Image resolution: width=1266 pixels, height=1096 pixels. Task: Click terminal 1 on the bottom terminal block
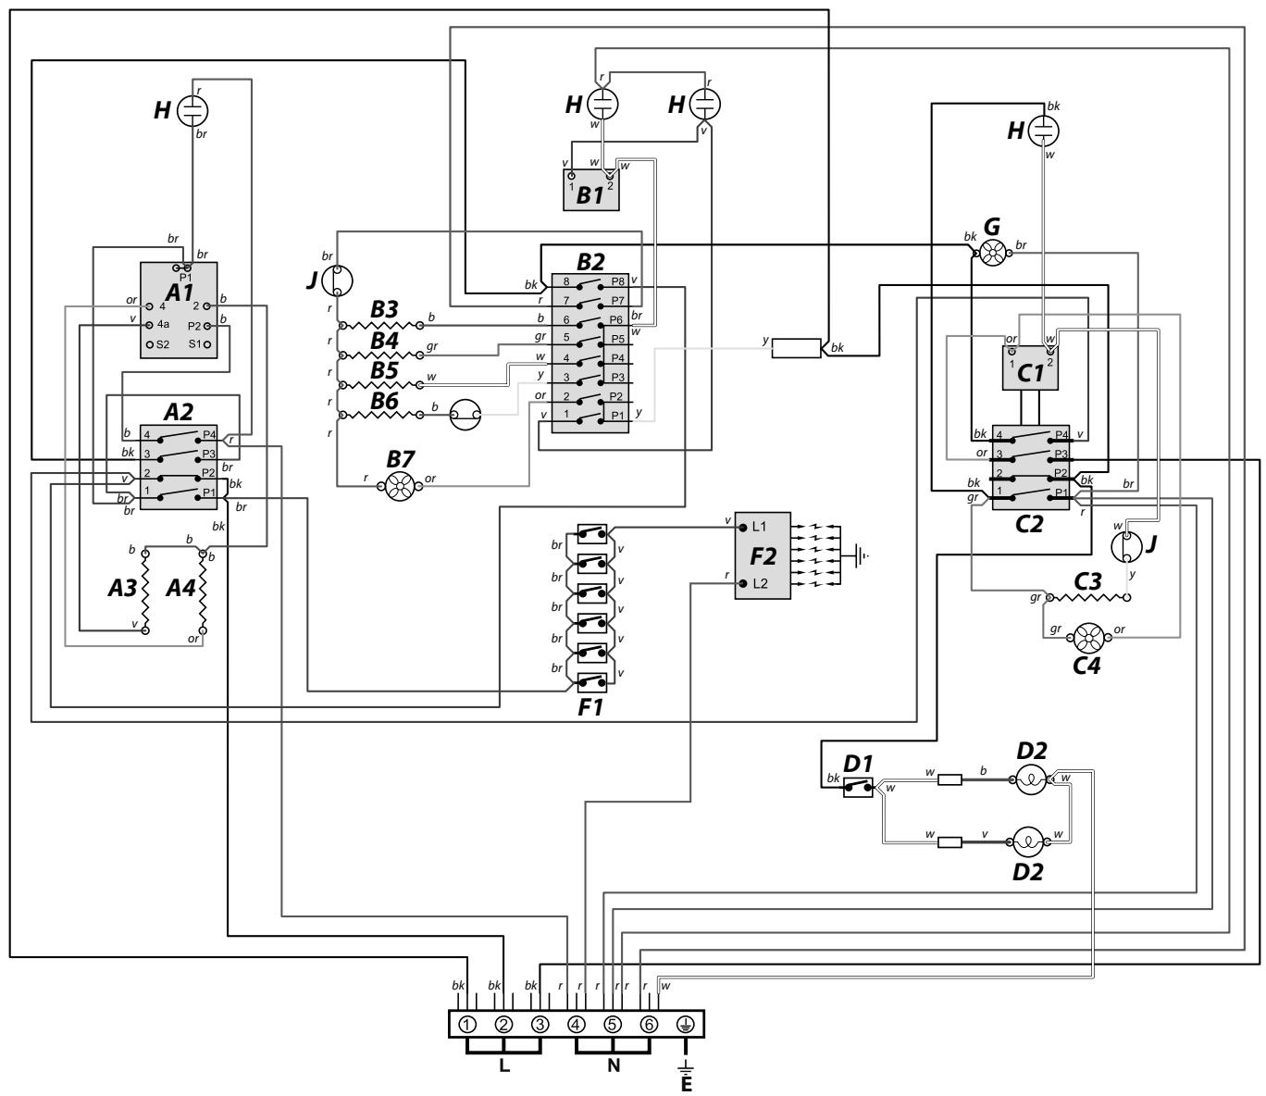466,1025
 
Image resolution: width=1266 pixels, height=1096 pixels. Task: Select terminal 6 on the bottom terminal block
650,1025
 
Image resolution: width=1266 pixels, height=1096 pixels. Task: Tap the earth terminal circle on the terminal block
686,1025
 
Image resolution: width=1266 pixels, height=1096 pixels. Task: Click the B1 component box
591,190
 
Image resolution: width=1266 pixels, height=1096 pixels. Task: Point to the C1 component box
1030,367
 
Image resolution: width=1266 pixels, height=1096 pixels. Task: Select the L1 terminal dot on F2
743,527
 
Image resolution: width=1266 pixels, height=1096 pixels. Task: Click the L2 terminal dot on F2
743,582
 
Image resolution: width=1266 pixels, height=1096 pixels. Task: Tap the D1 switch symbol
858,787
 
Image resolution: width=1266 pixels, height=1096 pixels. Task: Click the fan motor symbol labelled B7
400,487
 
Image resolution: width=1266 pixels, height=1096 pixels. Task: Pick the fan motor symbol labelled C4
1088,638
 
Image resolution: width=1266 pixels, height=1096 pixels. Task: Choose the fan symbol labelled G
991,253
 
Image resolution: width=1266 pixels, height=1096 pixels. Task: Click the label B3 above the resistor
384,309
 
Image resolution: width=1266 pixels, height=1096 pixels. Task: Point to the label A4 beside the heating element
180,588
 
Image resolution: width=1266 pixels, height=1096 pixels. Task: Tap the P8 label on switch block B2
617,281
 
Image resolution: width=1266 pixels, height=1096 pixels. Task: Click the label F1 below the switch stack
590,707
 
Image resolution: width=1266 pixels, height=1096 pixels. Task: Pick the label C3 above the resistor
1087,581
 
